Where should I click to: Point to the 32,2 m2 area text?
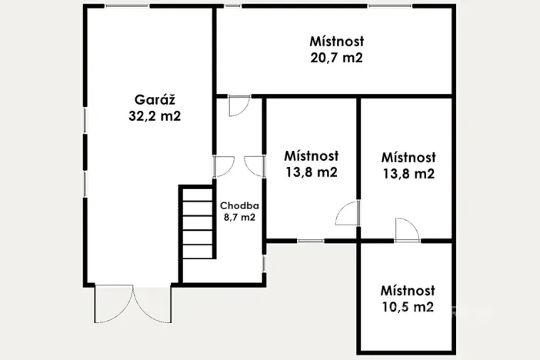click(155, 116)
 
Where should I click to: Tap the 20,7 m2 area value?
click(336, 57)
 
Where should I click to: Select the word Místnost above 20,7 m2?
click(337, 41)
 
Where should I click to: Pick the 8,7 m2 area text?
click(238, 218)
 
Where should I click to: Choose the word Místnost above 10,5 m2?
click(408, 291)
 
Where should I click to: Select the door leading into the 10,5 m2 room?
click(406, 229)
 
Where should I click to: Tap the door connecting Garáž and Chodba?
click(223, 166)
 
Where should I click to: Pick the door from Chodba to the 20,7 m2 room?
click(238, 105)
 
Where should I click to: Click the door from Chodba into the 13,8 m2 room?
click(254, 166)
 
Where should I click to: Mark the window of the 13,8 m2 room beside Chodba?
click(311, 241)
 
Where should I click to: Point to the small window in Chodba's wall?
click(265, 263)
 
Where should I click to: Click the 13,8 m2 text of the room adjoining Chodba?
click(310, 172)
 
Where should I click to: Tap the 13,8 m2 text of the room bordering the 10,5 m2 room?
click(408, 174)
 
